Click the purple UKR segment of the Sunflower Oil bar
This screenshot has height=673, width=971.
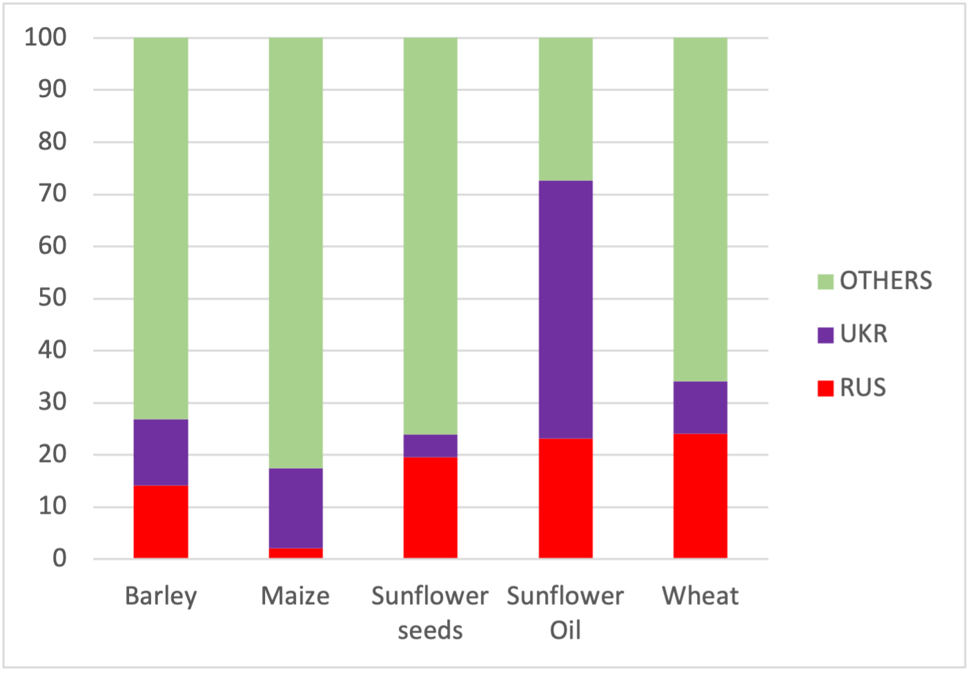[x=565, y=309]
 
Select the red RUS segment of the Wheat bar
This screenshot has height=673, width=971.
[x=700, y=495]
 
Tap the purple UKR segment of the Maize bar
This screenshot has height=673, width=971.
[x=295, y=508]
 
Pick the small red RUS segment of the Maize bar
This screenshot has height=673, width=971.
[x=295, y=553]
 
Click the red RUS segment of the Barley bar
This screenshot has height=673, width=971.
[x=161, y=521]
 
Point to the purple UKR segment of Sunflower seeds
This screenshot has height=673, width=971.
[x=430, y=445]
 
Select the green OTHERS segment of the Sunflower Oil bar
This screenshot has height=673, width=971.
[x=565, y=109]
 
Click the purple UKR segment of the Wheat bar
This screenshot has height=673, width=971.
[x=700, y=407]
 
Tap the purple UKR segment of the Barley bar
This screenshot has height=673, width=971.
[x=161, y=452]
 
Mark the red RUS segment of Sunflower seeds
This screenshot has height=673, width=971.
[x=430, y=507]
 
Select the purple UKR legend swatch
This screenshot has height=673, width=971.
[x=825, y=335]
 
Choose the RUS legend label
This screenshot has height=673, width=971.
[x=863, y=388]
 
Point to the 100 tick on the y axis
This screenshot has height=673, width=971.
[x=46, y=37]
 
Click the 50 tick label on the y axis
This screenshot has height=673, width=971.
[x=52, y=298]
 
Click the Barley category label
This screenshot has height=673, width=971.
[x=161, y=596]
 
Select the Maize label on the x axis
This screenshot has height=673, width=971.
[x=295, y=596]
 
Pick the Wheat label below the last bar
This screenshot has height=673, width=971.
[x=700, y=596]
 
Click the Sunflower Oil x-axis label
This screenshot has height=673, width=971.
[x=565, y=612]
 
